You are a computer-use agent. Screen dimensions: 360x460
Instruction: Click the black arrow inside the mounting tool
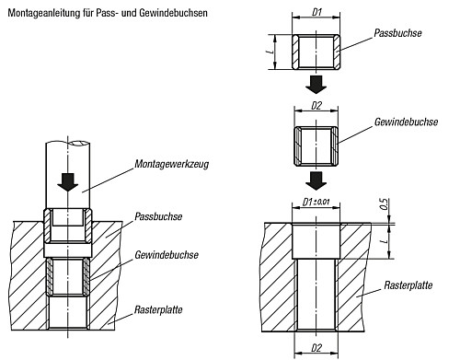point(67,180)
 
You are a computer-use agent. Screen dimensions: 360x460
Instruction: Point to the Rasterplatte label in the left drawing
point(158,312)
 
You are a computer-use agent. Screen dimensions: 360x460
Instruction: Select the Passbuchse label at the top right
point(397,32)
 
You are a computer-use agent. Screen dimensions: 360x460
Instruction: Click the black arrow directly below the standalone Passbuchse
point(316,85)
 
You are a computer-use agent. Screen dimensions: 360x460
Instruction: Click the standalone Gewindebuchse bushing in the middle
point(316,146)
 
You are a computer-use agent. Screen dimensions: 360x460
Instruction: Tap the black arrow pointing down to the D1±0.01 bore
point(316,179)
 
